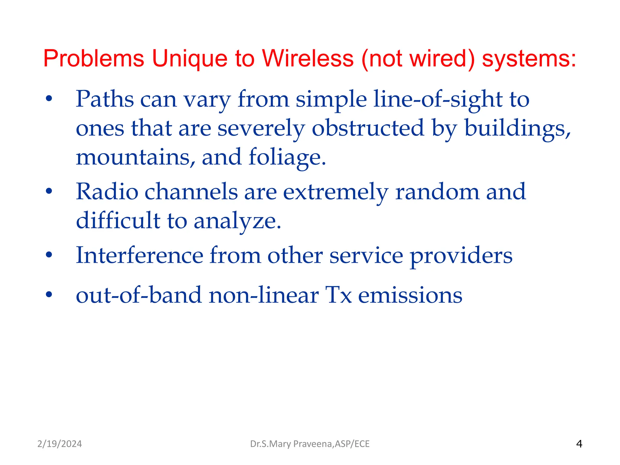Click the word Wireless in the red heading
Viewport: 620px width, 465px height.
(308, 58)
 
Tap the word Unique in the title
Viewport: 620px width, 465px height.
(189, 58)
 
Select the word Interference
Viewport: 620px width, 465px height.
(139, 256)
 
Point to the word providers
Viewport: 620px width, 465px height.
(461, 256)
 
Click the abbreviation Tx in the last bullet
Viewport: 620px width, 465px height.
(338, 295)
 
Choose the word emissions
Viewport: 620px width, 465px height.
(410, 295)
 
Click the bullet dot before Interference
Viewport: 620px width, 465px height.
(49, 255)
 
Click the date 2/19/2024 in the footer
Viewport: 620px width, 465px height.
(59, 444)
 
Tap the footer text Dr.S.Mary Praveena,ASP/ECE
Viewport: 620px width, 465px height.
(310, 444)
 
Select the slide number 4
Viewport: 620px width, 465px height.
(579, 444)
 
